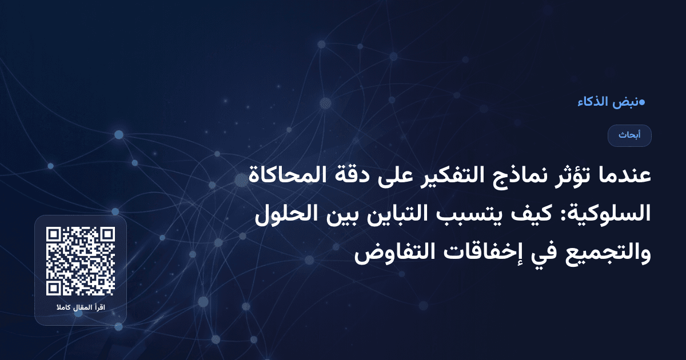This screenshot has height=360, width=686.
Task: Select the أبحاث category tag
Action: click(x=629, y=135)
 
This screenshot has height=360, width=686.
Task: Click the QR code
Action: click(x=81, y=261)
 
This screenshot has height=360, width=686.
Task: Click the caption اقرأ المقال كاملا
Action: click(x=81, y=309)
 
